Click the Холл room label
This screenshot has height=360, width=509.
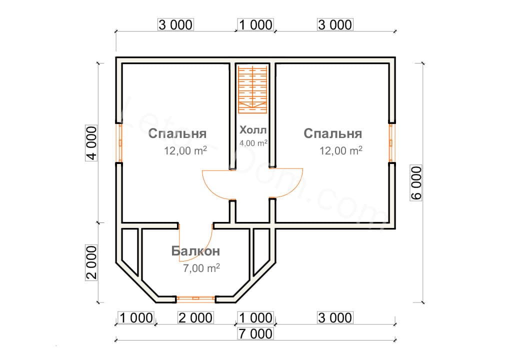point(253,130)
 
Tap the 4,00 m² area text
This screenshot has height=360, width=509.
point(253,142)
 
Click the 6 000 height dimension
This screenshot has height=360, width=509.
point(417,182)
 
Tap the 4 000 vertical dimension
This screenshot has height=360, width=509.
point(91,142)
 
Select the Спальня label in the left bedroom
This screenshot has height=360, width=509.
point(177,134)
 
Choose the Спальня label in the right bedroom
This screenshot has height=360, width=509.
point(332,134)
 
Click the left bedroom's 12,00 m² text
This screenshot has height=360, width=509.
point(185,151)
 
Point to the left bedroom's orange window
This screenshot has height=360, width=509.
point(120,142)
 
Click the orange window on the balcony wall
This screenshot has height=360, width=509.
point(195,299)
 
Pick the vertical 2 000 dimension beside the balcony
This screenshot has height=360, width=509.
point(91,263)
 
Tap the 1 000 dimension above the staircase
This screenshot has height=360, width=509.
point(255,24)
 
